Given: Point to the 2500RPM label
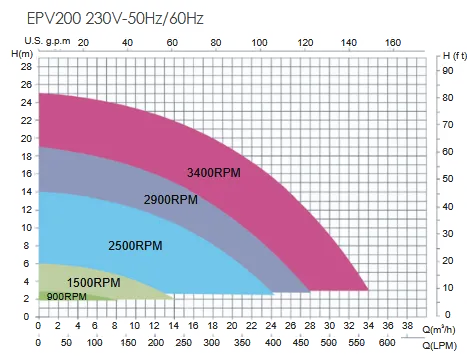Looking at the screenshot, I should coord(136,245).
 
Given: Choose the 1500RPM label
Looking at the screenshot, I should coord(94,282).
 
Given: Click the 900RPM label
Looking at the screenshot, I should coord(67,297).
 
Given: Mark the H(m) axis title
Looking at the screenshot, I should coord(19,53).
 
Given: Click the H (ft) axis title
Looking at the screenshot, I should coord(453,53).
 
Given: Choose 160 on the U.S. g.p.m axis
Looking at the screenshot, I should coord(393,42).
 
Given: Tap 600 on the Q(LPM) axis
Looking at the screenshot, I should coord(413,343).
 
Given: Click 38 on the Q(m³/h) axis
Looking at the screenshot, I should coord(406,327).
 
